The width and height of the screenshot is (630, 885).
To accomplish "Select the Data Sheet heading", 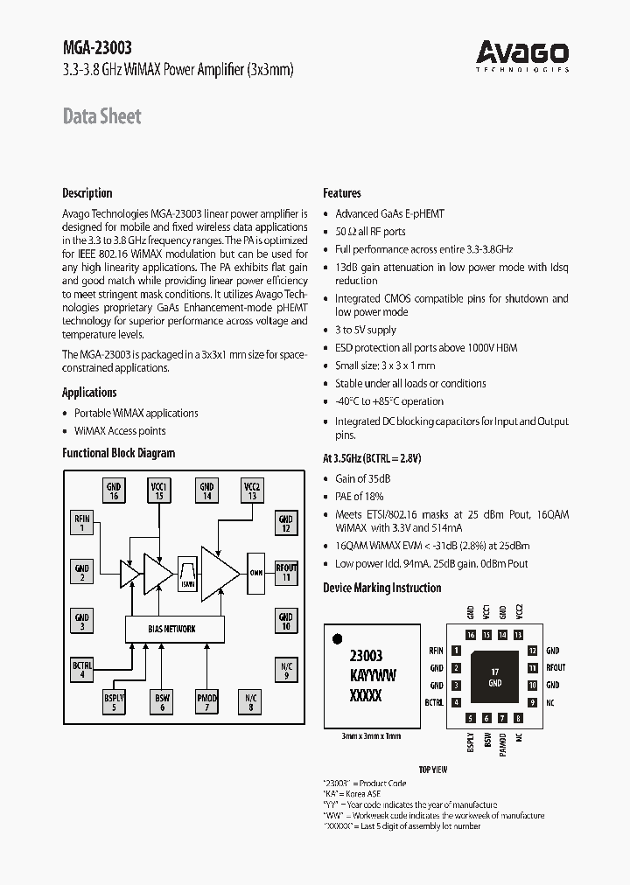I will (101, 116).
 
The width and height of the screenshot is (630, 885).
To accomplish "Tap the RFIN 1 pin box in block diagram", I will (81, 523).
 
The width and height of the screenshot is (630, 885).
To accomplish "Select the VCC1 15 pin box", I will (159, 491).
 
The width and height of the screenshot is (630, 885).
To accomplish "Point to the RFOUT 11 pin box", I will (285, 573).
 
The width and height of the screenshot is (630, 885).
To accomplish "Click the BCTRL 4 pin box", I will (81, 670).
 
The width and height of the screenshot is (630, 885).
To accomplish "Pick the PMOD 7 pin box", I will (206, 701).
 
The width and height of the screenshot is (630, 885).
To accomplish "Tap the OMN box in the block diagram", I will (255, 572).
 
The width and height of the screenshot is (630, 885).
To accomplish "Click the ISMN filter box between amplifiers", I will (187, 572).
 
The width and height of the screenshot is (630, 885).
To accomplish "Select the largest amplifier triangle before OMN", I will (219, 573).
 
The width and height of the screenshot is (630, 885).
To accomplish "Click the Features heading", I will (342, 193).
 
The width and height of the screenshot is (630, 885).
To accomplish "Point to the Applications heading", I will (89, 393).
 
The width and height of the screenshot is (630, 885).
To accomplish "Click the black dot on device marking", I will (338, 638).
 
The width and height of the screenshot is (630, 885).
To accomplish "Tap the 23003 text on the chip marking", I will (366, 656).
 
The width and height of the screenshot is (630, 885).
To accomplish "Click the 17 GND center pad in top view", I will (494, 677).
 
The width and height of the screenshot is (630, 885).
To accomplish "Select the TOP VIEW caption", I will (432, 770).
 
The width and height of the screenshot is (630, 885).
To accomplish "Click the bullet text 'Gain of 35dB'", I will (363, 478).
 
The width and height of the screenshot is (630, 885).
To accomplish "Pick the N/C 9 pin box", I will (285, 670).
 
